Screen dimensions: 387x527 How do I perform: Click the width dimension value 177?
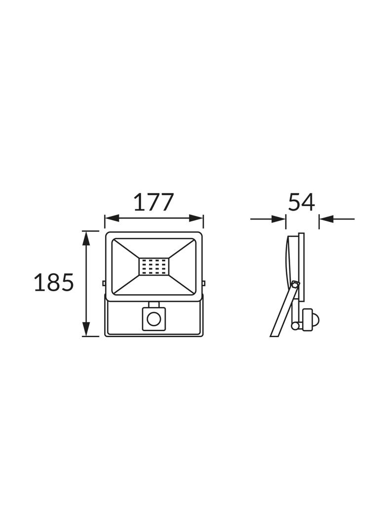pyautogui.click(x=154, y=202)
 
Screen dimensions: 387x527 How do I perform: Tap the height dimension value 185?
pyautogui.click(x=54, y=282)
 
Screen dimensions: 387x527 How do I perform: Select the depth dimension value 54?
pyautogui.click(x=302, y=202)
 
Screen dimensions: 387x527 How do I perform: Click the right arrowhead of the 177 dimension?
pyautogui.click(x=196, y=219)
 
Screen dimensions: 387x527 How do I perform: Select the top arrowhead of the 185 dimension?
pyautogui.click(x=86, y=238)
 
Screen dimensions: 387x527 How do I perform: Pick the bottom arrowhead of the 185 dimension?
pyautogui.click(x=86, y=328)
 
